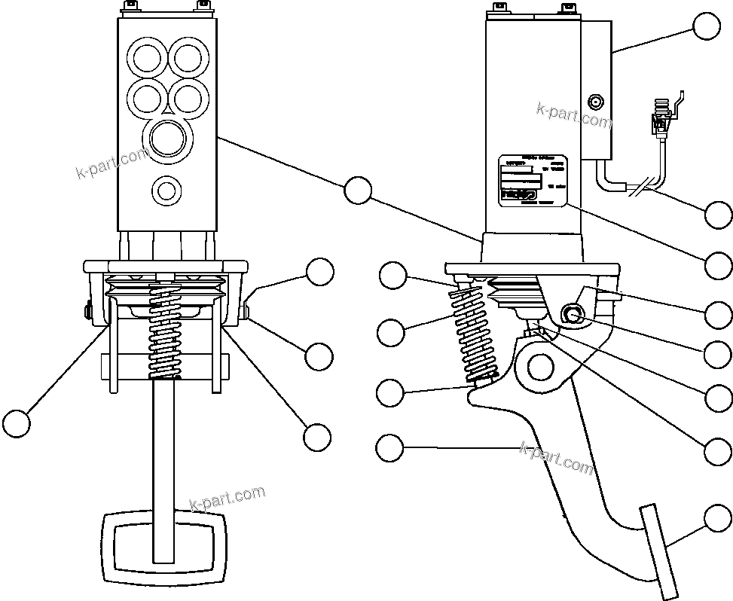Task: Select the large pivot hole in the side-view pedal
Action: (x=541, y=367)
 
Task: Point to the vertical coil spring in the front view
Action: (x=164, y=331)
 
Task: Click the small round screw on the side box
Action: (x=595, y=102)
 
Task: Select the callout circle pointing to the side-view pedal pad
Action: (x=718, y=519)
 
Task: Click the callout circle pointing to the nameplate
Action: (x=719, y=264)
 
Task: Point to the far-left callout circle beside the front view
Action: (x=16, y=423)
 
